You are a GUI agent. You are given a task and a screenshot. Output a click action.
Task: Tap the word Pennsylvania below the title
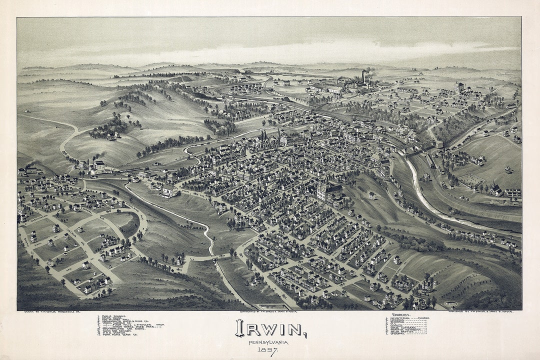pyautogui.click(x=268, y=342)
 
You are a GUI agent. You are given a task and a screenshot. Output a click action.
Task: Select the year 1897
pyautogui.click(x=268, y=351)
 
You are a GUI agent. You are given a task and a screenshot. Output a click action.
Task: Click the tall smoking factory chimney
pyautogui.click(x=363, y=76)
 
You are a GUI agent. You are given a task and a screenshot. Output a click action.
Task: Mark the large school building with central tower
pyautogui.click(x=329, y=190)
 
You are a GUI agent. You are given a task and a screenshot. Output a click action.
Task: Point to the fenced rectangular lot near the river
pyautogui.click(x=472, y=180)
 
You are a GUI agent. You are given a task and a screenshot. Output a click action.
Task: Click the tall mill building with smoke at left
pyautogui.click(x=99, y=166)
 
